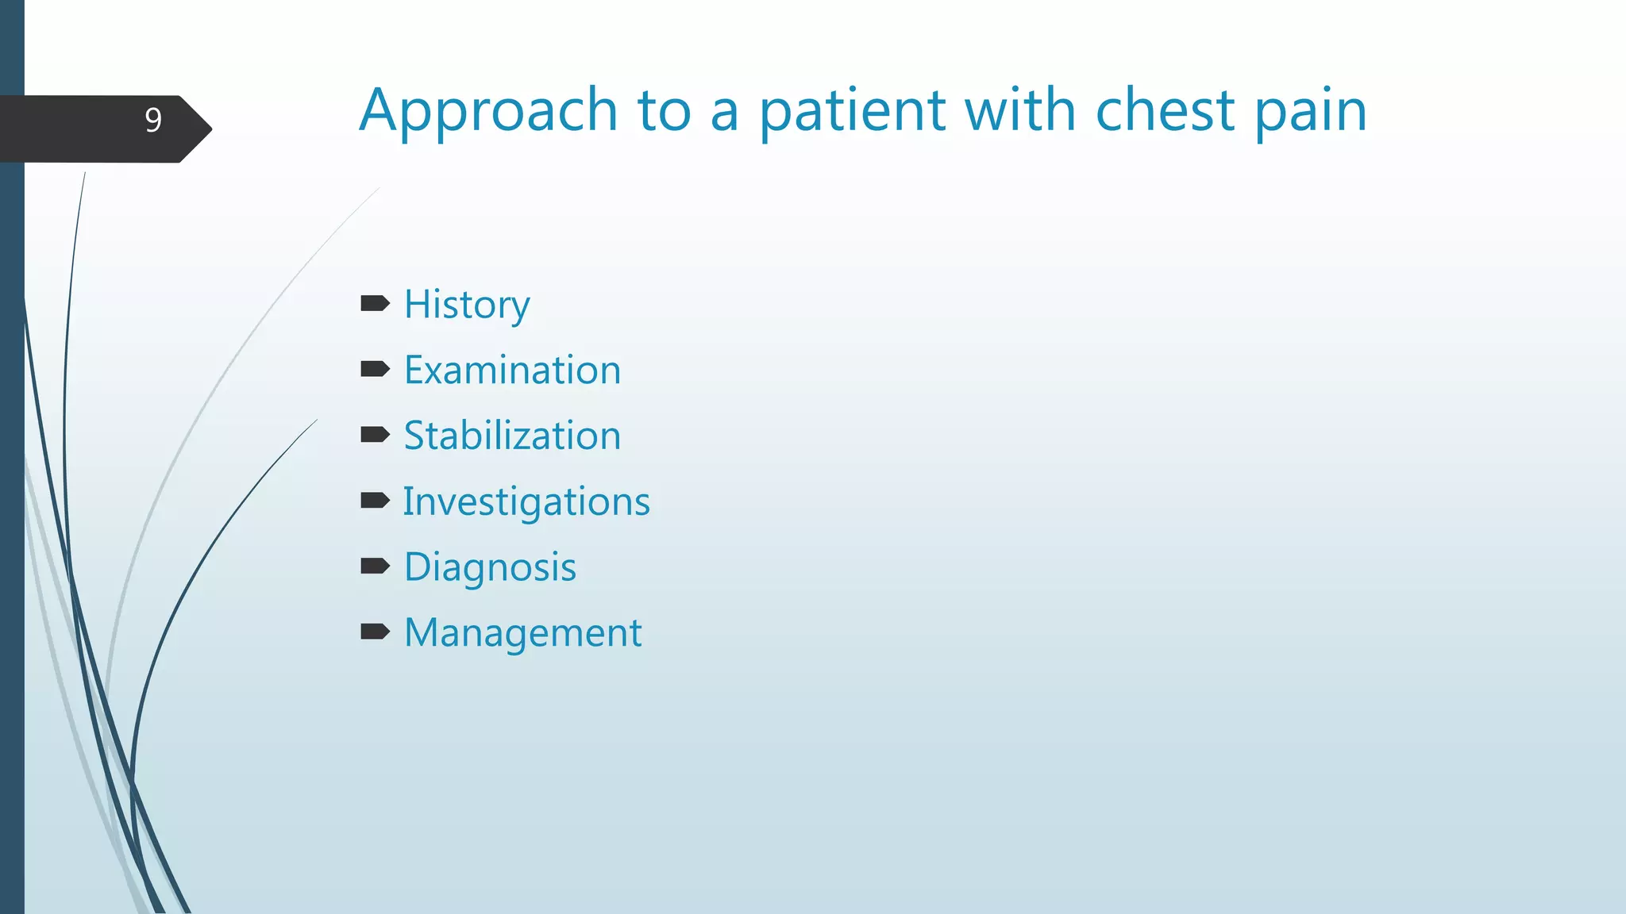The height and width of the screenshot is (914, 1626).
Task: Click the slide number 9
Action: (x=153, y=121)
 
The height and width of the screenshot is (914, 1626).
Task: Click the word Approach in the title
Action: (x=488, y=111)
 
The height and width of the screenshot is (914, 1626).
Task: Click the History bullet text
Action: (x=467, y=305)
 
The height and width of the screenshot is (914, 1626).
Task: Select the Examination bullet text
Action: (x=512, y=371)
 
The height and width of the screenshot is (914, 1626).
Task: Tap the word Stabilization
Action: (x=512, y=436)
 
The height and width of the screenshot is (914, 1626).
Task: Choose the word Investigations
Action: (x=526, y=502)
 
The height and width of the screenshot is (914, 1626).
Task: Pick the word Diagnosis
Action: (x=490, y=568)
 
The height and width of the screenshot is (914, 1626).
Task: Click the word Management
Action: (x=522, y=633)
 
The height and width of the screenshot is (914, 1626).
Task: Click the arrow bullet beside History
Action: (x=375, y=303)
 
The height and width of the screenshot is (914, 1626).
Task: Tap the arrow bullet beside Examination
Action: (x=375, y=369)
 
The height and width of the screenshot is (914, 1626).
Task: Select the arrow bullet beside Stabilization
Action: (x=375, y=434)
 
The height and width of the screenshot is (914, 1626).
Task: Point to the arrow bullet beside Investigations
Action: (x=375, y=500)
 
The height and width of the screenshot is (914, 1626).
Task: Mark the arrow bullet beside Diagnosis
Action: (x=375, y=566)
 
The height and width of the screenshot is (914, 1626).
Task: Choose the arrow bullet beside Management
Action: (x=375, y=632)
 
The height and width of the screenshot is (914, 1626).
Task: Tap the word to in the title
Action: (x=664, y=111)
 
